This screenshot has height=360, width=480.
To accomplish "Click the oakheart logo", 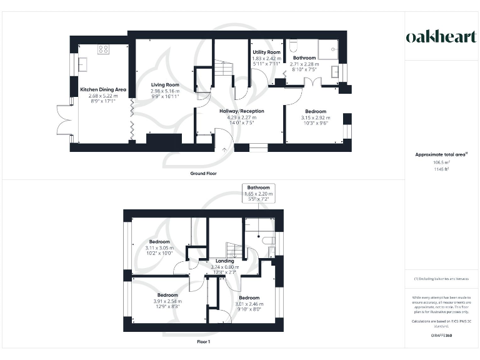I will [x=441, y=37].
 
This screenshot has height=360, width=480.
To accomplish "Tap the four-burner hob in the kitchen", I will [x=103, y=48].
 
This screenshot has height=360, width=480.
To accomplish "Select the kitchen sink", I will [x=82, y=63].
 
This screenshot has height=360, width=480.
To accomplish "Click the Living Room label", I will [x=164, y=85].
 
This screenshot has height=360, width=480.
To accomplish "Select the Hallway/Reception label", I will [x=241, y=111].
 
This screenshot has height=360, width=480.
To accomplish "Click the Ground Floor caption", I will [x=203, y=173].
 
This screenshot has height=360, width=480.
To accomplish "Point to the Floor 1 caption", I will [x=203, y=342].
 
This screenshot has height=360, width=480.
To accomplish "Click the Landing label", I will [x=224, y=261].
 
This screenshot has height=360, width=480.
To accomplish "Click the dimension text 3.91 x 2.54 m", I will [x=167, y=301].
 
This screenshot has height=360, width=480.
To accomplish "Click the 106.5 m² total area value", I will [x=441, y=161].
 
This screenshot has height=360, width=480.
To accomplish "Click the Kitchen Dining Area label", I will [x=103, y=90].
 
